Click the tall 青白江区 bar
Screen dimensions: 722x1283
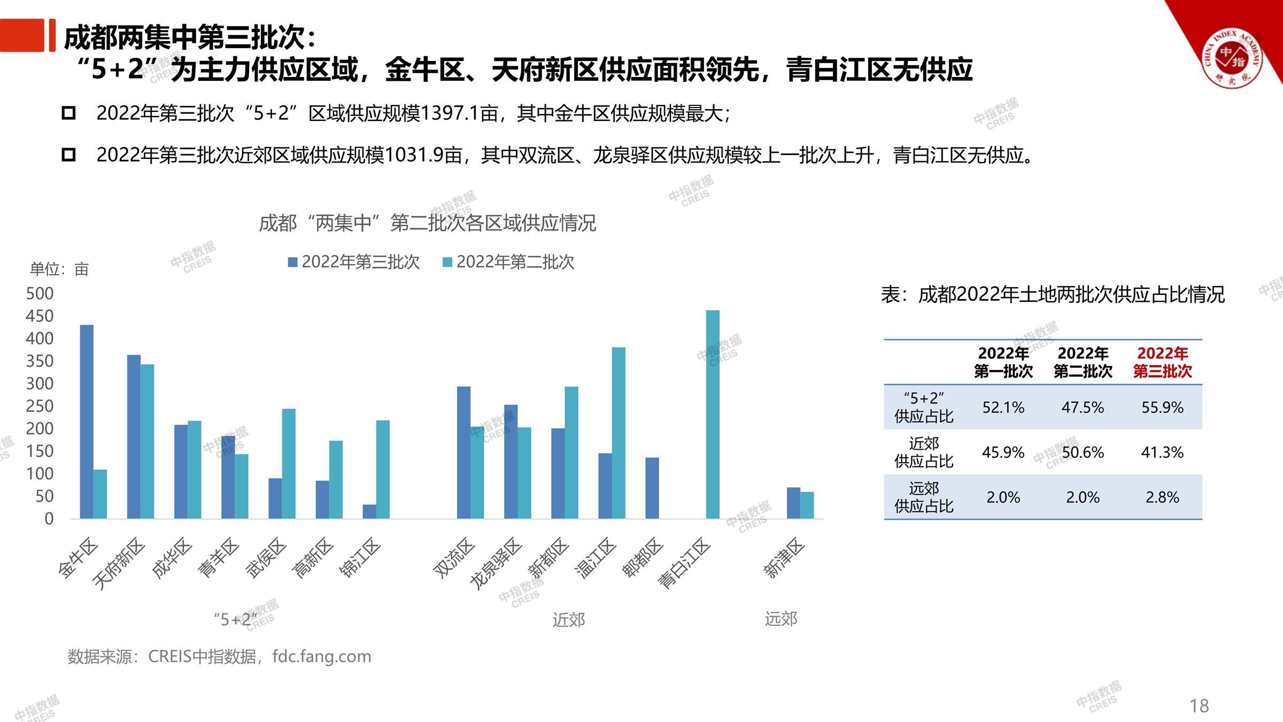click(x=713, y=414)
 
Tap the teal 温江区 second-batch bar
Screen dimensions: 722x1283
click(x=619, y=433)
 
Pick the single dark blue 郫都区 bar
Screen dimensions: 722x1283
click(x=652, y=488)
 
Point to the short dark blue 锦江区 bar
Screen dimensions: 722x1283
click(x=369, y=511)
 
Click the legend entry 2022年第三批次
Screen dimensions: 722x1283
click(x=354, y=262)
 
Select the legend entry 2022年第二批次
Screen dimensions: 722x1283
click(x=509, y=262)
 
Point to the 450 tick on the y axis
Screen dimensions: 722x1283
click(x=40, y=316)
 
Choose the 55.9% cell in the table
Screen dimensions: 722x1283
click(x=1162, y=408)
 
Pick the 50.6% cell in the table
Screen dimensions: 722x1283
click(x=1083, y=452)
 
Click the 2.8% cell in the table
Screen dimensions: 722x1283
click(x=1162, y=497)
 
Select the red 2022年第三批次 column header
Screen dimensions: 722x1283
click(x=1162, y=362)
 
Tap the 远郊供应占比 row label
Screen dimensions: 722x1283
click(x=924, y=497)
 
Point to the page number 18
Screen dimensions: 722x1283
click(x=1199, y=706)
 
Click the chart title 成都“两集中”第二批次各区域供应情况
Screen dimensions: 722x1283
click(x=427, y=223)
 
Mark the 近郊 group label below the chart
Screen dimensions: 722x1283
click(x=569, y=620)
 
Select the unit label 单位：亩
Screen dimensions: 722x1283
click(x=59, y=269)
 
